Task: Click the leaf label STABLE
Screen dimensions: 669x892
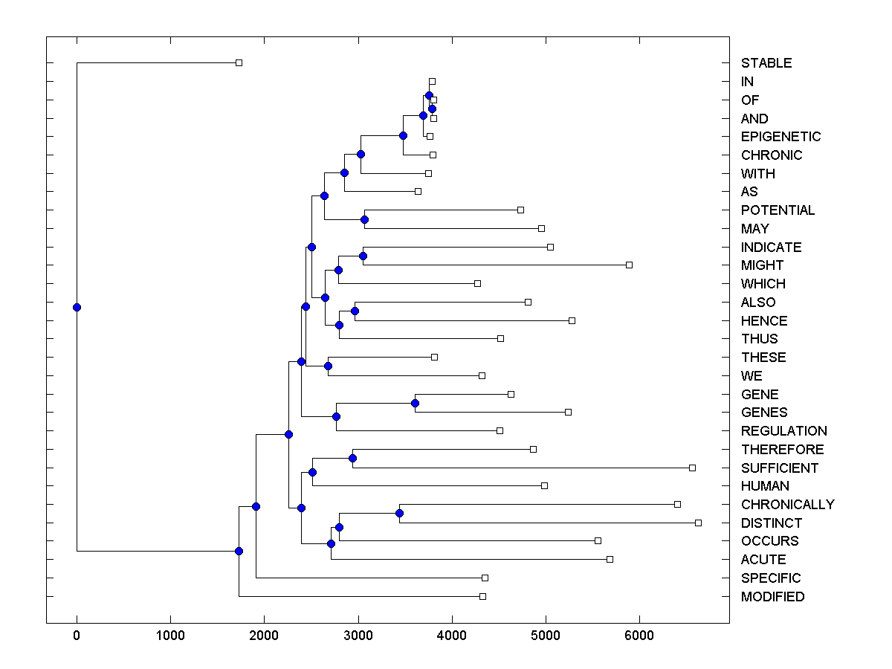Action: point(766,63)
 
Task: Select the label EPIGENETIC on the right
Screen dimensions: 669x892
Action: point(780,137)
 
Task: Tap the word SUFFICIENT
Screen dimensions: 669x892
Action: point(779,468)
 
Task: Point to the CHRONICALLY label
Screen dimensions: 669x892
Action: point(787,505)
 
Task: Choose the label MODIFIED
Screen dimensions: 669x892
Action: point(772,597)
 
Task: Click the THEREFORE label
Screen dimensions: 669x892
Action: point(782,450)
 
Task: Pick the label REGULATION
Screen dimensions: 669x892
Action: point(783,431)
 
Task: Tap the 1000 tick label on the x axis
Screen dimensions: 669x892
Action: point(170,636)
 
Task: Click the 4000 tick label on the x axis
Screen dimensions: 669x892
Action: point(451,636)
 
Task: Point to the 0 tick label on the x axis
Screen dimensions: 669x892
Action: point(77,636)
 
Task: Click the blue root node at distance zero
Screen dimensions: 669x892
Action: point(77,307)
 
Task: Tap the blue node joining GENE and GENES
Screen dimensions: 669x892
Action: point(415,403)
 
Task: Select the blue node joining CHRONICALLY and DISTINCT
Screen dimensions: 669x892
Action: point(399,513)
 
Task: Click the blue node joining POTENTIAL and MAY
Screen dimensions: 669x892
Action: point(364,219)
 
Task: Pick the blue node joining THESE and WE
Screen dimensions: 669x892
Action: point(328,366)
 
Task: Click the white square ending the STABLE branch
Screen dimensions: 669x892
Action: point(239,62)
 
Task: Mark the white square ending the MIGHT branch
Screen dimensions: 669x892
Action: point(629,265)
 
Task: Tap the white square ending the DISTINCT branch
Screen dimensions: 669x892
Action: point(698,523)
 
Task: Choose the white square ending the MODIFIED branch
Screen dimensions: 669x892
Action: point(482,596)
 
